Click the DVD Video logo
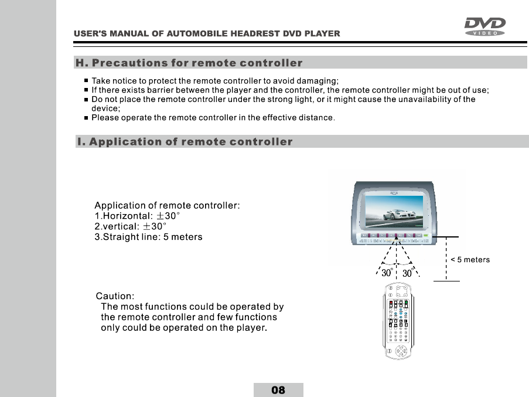484,26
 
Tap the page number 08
278,390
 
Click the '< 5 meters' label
470,260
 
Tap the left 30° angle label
388,273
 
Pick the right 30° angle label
409,273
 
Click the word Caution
115,296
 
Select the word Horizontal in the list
128,216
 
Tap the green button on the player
426,236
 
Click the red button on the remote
390,303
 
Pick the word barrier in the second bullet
151,90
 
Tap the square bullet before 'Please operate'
86,118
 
